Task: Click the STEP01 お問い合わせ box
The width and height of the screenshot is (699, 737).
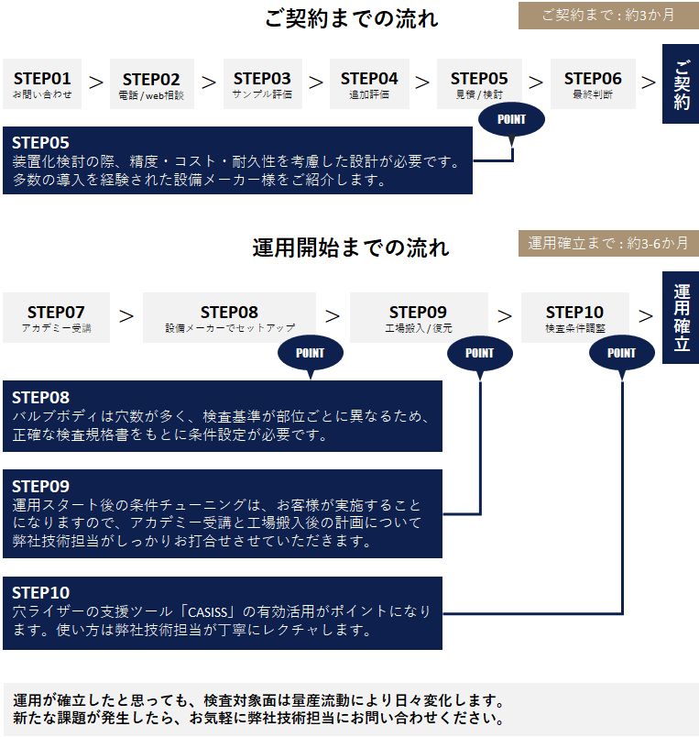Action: tap(42, 83)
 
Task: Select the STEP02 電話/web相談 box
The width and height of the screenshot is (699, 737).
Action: tap(152, 83)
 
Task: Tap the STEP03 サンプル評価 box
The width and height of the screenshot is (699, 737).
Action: tap(263, 83)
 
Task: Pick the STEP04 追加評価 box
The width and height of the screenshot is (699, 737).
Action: tap(369, 83)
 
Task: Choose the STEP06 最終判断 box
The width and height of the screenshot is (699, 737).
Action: tap(593, 83)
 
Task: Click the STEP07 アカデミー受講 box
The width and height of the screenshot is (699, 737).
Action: tap(57, 317)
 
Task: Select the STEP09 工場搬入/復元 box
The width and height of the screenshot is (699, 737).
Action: tap(419, 317)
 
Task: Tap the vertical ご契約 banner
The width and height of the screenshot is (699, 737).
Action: tap(681, 84)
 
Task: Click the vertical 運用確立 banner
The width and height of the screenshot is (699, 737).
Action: tap(681, 317)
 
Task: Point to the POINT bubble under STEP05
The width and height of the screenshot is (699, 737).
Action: tap(511, 119)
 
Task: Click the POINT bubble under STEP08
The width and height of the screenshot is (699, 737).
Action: tap(310, 353)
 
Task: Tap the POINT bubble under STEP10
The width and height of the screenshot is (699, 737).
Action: tap(621, 353)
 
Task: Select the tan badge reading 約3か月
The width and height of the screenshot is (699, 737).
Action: tap(608, 16)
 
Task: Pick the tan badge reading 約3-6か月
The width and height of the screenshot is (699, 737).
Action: tap(608, 243)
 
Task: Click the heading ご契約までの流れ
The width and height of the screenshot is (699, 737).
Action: tap(352, 19)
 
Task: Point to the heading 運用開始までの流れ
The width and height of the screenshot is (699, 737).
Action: tap(351, 247)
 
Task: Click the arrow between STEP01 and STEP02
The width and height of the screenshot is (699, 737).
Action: tap(96, 82)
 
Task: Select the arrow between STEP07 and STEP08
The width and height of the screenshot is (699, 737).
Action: tap(126, 316)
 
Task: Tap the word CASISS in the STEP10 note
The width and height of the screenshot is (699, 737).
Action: tap(208, 612)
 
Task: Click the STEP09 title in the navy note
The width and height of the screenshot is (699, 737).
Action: tap(40, 486)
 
